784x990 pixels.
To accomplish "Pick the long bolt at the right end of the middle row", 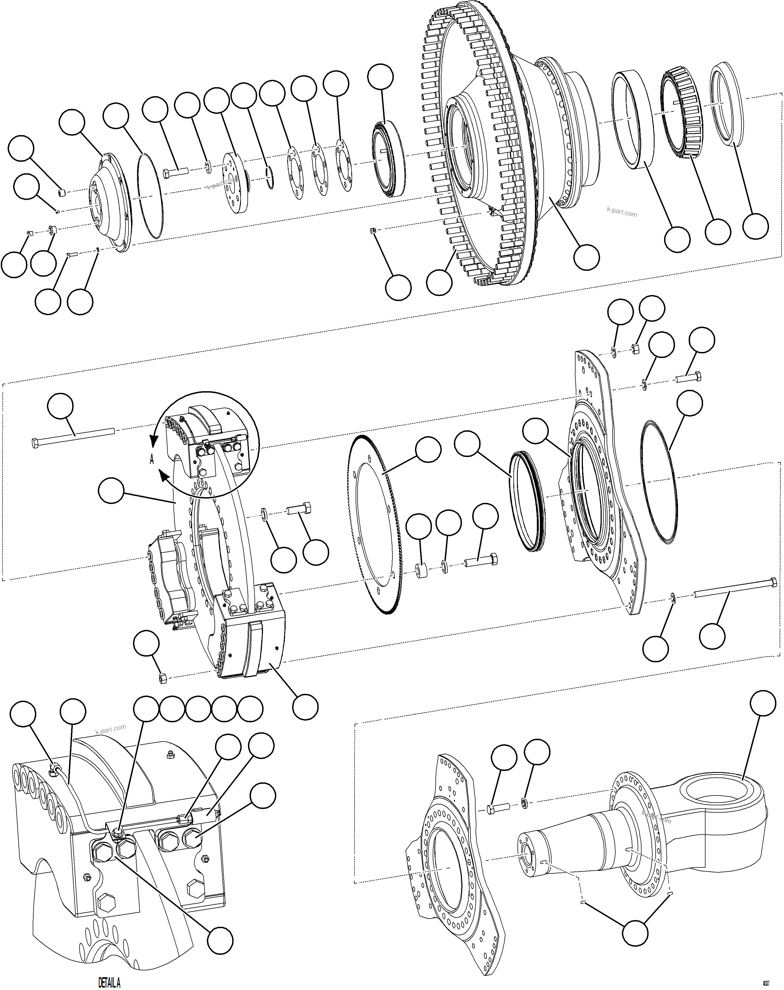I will [734, 589].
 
